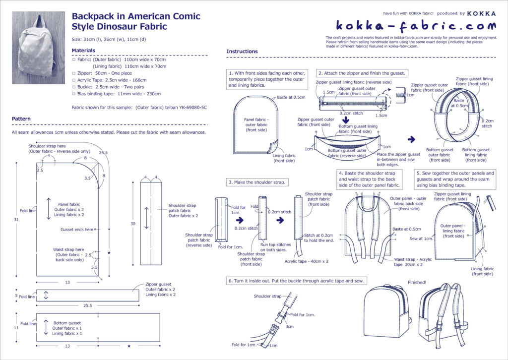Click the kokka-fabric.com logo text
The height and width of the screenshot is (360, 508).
pos(416,26)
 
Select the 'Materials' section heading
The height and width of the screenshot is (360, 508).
pos(83,51)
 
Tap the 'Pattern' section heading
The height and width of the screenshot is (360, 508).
pos(21,119)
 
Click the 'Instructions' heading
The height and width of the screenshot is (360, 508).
pos(242,52)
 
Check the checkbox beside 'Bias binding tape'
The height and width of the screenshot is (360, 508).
pos(74,93)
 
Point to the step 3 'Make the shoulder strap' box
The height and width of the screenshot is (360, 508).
pos(257,182)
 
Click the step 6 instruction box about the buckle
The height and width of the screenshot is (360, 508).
pos(297,281)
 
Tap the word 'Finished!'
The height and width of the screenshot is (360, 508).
pos(417,283)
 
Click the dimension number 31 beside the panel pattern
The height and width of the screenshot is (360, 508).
pos(16,220)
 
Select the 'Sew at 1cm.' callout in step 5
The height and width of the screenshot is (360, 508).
pos(421,239)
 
